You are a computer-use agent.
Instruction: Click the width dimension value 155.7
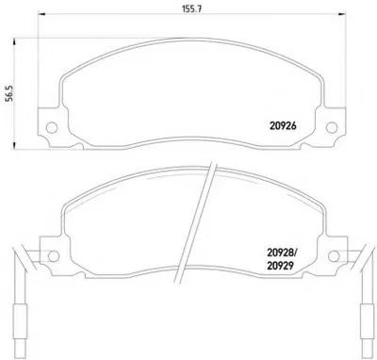click(192, 8)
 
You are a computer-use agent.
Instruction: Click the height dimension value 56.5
click(10, 93)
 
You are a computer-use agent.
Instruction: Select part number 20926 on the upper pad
click(283, 126)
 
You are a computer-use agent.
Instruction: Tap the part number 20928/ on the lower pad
click(282, 253)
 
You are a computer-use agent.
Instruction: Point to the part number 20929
click(280, 266)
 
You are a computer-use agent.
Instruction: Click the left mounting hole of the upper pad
click(52, 127)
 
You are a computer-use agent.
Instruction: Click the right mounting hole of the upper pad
click(332, 127)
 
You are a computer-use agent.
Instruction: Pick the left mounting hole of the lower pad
click(54, 255)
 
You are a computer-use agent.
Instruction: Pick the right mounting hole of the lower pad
click(334, 255)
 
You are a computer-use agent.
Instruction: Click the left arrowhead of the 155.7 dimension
click(41, 14)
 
